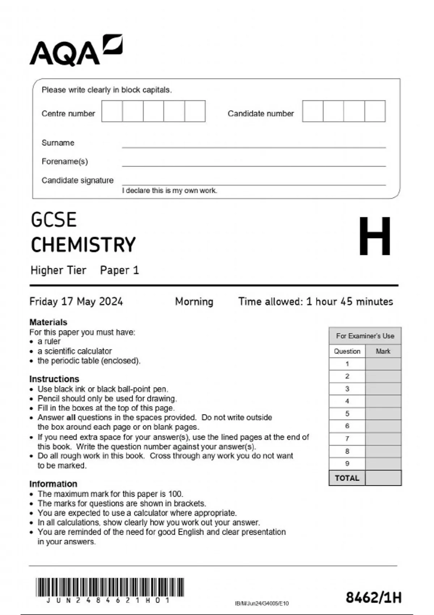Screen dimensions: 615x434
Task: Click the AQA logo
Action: (76, 51)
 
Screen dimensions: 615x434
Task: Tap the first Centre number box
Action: (112, 111)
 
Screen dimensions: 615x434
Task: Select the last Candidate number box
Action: (375, 111)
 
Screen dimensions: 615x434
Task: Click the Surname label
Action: (58, 143)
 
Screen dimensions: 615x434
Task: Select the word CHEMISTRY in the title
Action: (83, 245)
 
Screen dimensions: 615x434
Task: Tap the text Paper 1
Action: (119, 270)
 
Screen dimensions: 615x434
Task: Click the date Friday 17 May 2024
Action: (76, 301)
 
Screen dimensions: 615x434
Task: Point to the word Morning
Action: (194, 301)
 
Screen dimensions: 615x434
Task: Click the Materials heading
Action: (48, 322)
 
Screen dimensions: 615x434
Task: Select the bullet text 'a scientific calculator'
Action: (75, 351)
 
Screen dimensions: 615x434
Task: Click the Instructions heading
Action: (54, 379)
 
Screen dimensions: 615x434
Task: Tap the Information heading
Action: (53, 484)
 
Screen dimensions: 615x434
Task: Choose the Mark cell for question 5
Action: (383, 413)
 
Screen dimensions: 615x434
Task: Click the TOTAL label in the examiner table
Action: (347, 478)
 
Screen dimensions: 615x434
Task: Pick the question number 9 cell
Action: (347, 463)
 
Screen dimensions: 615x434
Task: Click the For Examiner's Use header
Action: (365, 336)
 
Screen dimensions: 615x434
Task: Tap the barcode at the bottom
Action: (110, 587)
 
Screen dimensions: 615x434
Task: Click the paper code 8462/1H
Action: (373, 598)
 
